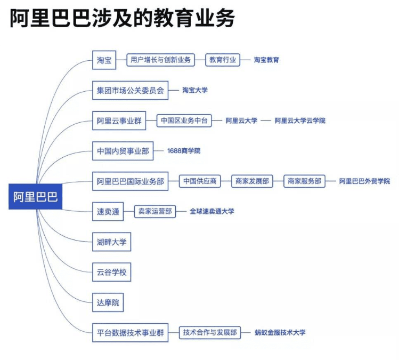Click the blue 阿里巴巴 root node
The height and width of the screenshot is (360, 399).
pyautogui.click(x=35, y=197)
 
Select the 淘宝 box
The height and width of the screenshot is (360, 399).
pyautogui.click(x=104, y=60)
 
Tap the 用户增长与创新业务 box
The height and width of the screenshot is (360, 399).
pyautogui.click(x=160, y=60)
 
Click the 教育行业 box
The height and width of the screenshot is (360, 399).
pyautogui.click(x=223, y=60)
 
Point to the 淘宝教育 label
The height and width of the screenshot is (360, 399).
pyautogui.click(x=266, y=60)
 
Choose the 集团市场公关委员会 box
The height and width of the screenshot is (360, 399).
pyautogui.click(x=130, y=91)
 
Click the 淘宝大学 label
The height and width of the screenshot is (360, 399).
pyautogui.click(x=195, y=91)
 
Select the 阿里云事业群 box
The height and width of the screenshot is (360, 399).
pyautogui.click(x=119, y=121)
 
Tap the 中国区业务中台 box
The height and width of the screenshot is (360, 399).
pyautogui.click(x=184, y=121)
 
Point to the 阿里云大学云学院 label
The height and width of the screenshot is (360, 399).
pyautogui.click(x=300, y=121)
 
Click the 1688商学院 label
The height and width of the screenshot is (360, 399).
pyautogui.click(x=184, y=151)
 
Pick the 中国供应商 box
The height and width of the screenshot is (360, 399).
pyautogui.click(x=200, y=181)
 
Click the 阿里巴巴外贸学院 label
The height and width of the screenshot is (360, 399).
pyautogui.click(x=365, y=181)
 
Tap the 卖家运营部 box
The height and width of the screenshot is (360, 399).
pyautogui.click(x=155, y=212)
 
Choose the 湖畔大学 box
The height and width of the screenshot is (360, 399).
pyautogui.click(x=111, y=242)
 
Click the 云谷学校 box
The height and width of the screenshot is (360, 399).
pyautogui.click(x=111, y=273)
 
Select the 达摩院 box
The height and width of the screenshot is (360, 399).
pyautogui.click(x=108, y=303)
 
